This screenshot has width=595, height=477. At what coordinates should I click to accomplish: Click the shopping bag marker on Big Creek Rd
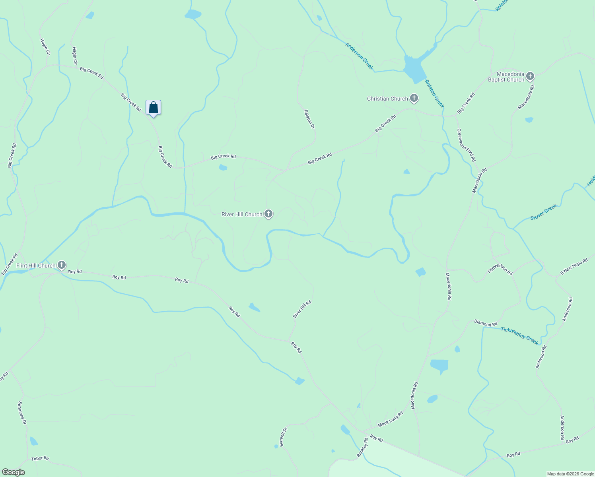(153, 108)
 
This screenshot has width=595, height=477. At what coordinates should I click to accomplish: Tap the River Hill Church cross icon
(268, 214)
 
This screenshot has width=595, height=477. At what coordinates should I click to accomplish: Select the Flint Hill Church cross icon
(61, 265)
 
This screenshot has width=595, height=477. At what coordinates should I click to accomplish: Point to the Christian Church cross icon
(414, 98)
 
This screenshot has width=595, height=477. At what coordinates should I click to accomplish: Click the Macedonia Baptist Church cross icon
(530, 76)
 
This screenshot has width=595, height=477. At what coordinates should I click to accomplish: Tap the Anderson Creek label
(359, 56)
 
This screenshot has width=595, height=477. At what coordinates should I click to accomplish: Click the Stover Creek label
(544, 212)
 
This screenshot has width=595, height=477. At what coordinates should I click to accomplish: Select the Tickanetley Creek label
(519, 336)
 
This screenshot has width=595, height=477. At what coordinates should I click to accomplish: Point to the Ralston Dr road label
(309, 119)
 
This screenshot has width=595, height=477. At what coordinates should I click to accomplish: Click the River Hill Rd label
(302, 309)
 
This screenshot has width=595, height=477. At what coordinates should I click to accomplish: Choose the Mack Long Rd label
(390, 419)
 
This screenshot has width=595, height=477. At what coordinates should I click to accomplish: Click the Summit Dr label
(283, 437)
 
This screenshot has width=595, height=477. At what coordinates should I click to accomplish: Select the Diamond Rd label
(486, 323)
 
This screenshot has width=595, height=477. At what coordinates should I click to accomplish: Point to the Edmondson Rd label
(500, 270)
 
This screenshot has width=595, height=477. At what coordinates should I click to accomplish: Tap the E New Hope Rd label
(574, 267)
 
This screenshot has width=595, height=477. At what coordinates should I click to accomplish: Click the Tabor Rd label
(40, 458)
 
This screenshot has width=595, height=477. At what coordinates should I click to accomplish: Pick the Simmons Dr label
(22, 413)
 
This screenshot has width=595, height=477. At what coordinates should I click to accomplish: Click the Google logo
(14, 472)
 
